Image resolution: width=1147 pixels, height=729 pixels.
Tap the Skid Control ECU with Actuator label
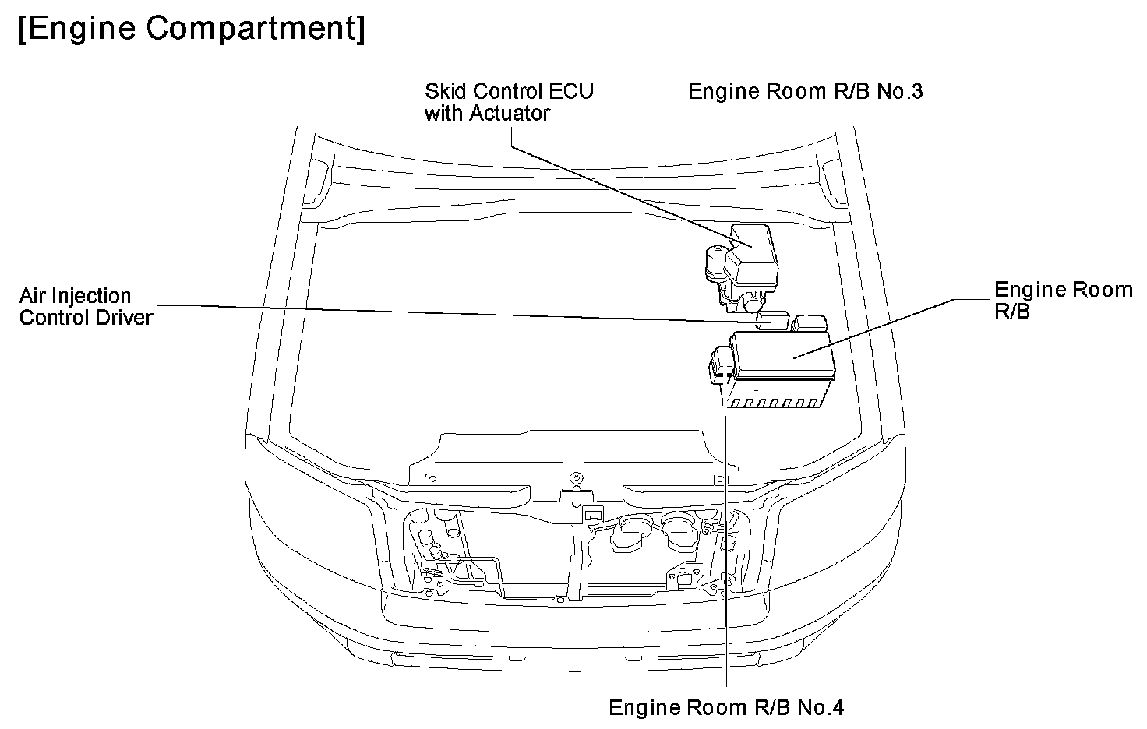(509, 102)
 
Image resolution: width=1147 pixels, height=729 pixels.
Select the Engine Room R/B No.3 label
(806, 92)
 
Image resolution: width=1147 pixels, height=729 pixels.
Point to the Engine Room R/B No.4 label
(726, 707)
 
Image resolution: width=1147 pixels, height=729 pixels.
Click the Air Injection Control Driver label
(86, 306)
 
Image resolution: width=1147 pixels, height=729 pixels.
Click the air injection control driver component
(774, 319)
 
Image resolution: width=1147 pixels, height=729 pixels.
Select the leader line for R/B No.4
(726, 545)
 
